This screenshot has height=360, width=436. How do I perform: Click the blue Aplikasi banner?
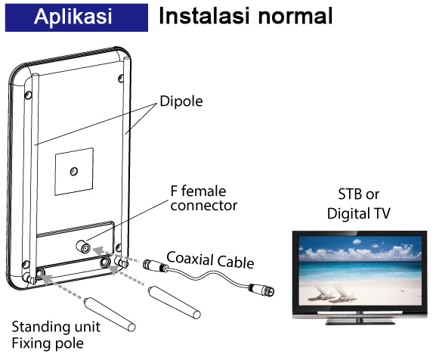[x=76, y=17]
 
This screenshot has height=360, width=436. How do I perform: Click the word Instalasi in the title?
[x=204, y=16]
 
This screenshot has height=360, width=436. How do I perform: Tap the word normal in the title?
[x=295, y=16]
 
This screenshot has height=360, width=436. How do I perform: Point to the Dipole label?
[x=181, y=101]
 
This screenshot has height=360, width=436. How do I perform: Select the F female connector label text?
[x=204, y=198]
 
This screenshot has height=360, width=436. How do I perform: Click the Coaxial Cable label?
[x=210, y=260]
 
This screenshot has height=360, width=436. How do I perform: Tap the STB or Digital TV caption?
[x=359, y=203]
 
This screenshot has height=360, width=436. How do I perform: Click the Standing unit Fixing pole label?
[x=56, y=335]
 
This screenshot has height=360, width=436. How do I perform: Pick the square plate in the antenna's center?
[x=74, y=172]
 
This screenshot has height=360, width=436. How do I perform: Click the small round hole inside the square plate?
[x=74, y=171]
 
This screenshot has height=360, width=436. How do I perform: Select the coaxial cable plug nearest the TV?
[x=261, y=290]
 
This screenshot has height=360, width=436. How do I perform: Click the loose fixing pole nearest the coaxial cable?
[x=175, y=302]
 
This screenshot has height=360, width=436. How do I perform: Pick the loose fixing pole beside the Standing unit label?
[x=110, y=315]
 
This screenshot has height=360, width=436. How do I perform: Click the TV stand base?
[x=360, y=322]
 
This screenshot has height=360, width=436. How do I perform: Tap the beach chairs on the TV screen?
[x=332, y=292]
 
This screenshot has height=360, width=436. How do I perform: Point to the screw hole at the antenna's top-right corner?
[x=121, y=78]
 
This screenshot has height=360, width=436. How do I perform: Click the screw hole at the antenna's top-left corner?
[x=28, y=95]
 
